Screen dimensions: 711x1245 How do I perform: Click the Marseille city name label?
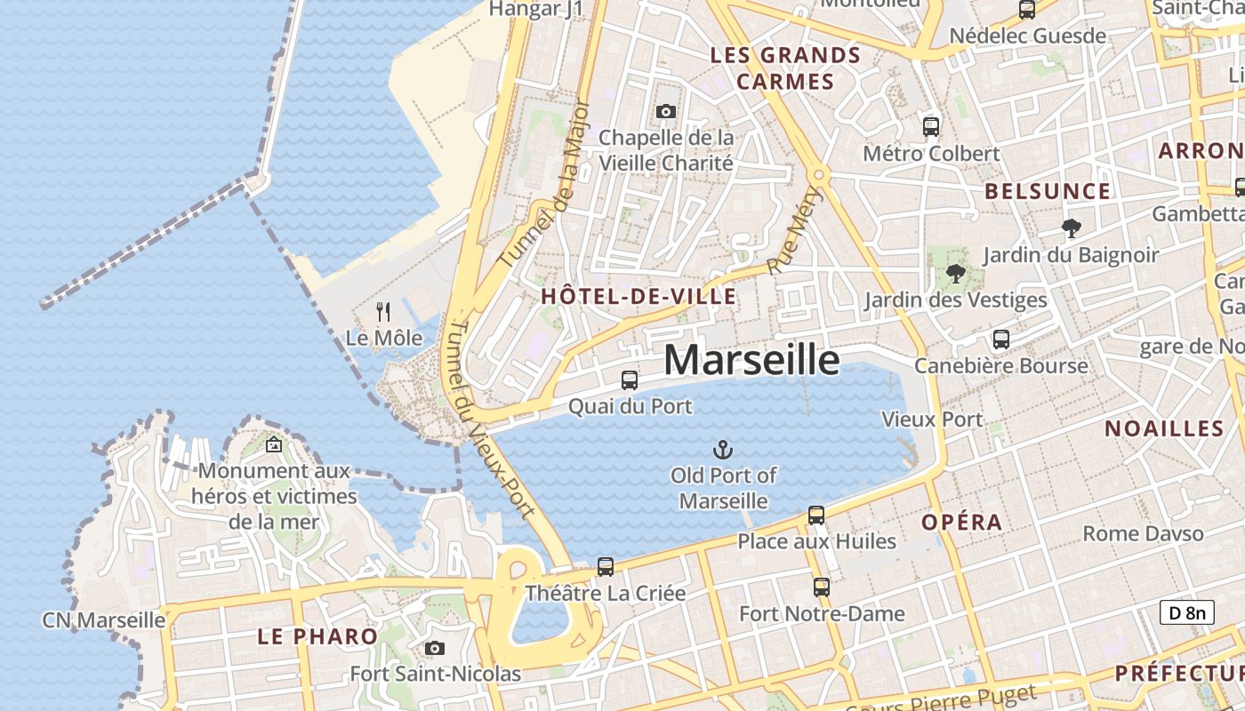751,360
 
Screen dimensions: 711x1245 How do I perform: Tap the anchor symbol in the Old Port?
723,449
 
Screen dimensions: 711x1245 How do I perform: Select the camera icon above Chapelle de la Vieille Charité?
665,111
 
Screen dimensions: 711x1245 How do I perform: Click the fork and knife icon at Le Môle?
383,312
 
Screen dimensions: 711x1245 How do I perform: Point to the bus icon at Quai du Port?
630,380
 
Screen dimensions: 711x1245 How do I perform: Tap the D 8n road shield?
1187,612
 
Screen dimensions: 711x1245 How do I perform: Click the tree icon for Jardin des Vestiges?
956,273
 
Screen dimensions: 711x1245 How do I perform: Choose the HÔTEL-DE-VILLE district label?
639,297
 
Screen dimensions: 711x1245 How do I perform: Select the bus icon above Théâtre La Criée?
606,566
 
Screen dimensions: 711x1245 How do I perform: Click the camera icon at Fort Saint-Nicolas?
434,648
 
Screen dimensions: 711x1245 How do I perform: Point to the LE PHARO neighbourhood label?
317,636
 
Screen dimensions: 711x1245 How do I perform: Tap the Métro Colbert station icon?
931,127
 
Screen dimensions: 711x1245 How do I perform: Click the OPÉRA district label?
962,522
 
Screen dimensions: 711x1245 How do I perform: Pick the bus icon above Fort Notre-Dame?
821,587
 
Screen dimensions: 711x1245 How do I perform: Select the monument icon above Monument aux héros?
274,444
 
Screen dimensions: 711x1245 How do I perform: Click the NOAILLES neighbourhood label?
1164,428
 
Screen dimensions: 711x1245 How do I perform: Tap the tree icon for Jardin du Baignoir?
1072,228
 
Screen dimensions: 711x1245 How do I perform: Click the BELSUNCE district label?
1048,191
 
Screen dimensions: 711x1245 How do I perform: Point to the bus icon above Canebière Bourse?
1001,339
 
